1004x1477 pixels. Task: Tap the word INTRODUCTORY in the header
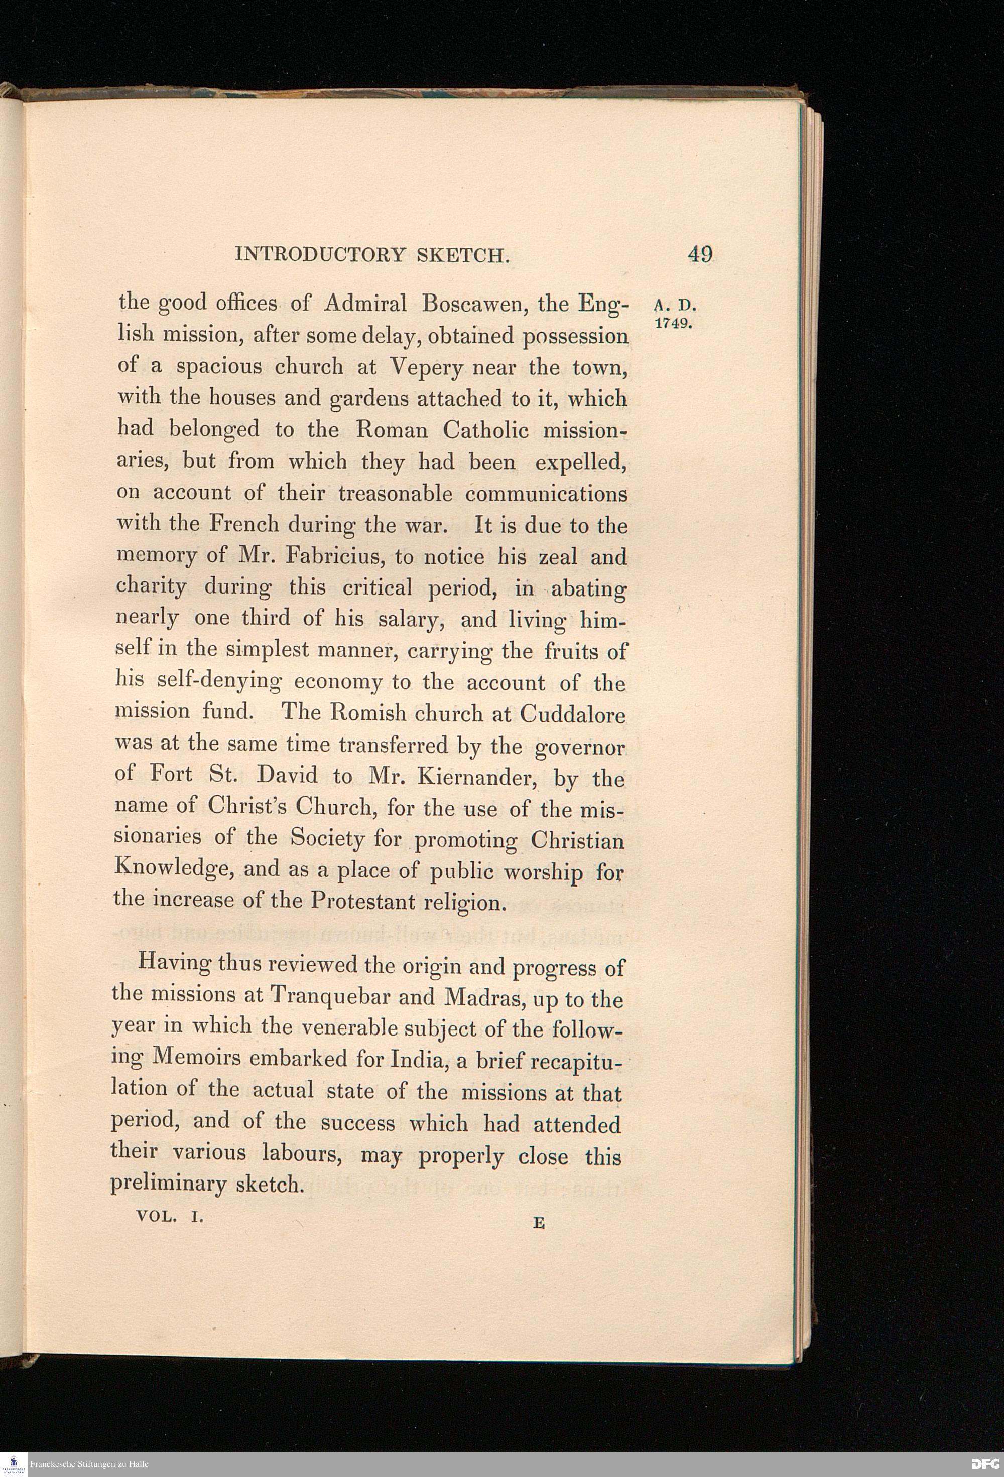[320, 255]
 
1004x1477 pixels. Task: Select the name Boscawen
[472, 304]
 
